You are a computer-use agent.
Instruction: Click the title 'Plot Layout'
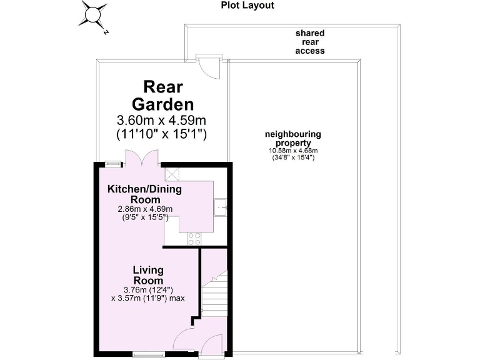pyautogui.click(x=247, y=6)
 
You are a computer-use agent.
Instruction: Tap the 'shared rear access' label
pyautogui.click(x=310, y=42)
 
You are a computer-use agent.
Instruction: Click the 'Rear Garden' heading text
pyautogui.click(x=160, y=95)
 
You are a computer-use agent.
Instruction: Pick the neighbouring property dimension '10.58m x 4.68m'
pyautogui.click(x=293, y=151)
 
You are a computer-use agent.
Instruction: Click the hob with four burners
pyautogui.click(x=194, y=237)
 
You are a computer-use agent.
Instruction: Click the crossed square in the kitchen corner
pyautogui.click(x=172, y=174)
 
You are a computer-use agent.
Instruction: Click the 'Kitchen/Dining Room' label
pyautogui.click(x=141, y=193)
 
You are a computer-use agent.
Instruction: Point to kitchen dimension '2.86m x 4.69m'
pyautogui.click(x=144, y=209)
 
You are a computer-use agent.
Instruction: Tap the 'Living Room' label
pyautogui.click(x=148, y=276)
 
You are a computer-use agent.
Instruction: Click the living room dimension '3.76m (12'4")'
pyautogui.click(x=148, y=289)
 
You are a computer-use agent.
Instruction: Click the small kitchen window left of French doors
pyautogui.click(x=113, y=164)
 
